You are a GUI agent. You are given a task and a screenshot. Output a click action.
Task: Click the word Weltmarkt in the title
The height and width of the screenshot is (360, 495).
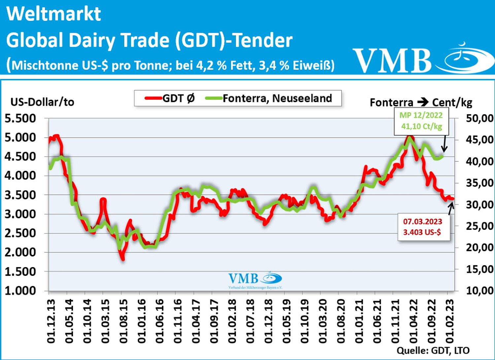[53, 14]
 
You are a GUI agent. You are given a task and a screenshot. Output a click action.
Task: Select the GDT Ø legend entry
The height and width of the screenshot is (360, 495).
[170, 98]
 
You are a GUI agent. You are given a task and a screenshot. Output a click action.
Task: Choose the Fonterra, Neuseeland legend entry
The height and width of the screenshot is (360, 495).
[269, 98]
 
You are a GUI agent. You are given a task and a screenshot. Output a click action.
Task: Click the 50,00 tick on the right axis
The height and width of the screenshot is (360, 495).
[479, 118]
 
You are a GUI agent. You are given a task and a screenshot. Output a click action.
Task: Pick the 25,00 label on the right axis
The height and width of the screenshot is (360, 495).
[479, 226]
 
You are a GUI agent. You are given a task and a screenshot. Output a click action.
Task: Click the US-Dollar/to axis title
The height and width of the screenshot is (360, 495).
[42, 102]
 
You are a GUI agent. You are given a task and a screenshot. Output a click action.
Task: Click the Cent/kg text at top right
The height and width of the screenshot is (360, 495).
[452, 102]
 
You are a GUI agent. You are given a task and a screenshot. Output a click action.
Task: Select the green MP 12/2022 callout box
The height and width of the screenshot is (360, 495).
[421, 121]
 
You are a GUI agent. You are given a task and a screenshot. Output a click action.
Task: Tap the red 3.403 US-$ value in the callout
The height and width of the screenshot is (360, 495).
[422, 232]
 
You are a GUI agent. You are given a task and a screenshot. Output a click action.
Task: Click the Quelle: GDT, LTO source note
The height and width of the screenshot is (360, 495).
[433, 350]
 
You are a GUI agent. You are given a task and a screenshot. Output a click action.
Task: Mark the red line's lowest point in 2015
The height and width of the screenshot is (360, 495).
[123, 259]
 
